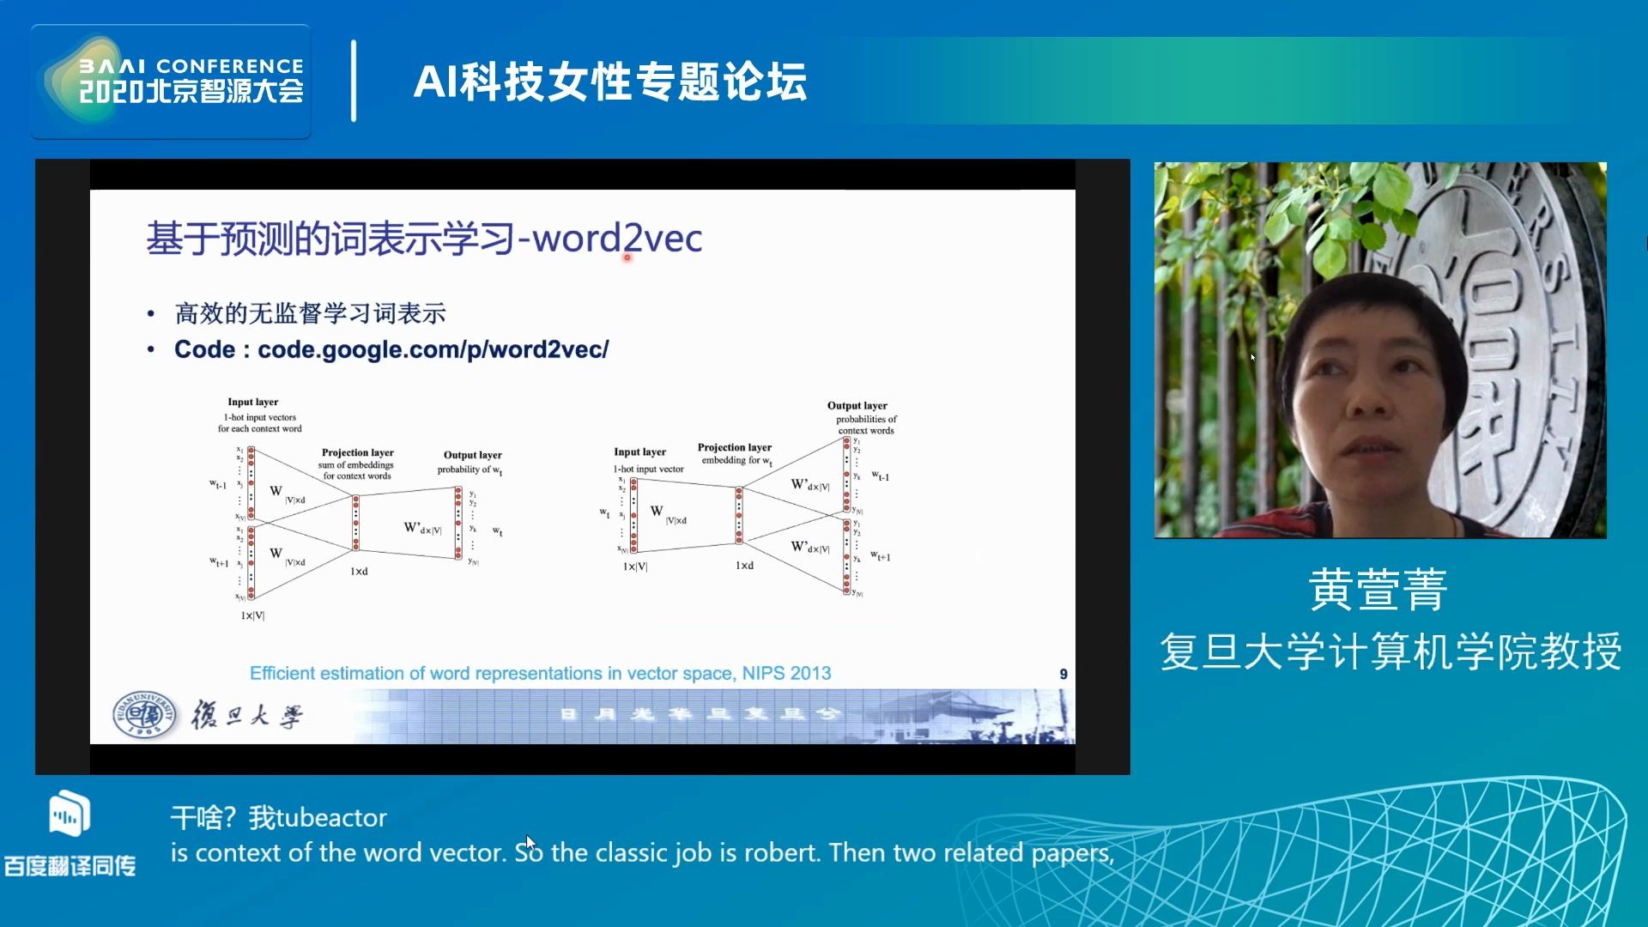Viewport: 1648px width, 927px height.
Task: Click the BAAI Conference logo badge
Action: (x=171, y=82)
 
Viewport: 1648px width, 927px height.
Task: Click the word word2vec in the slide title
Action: (x=617, y=238)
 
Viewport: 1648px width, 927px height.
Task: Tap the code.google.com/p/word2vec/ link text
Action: (x=433, y=349)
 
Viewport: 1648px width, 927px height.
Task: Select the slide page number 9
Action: (x=1063, y=675)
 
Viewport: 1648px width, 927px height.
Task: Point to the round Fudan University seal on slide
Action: (x=144, y=714)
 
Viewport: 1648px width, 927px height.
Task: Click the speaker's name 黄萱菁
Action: (x=1378, y=590)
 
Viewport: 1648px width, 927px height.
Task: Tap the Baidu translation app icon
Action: (x=69, y=814)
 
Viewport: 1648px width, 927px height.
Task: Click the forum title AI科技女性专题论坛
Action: (x=609, y=82)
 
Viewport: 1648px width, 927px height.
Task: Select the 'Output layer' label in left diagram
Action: (x=472, y=455)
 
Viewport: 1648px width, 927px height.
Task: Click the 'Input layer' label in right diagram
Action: (x=639, y=451)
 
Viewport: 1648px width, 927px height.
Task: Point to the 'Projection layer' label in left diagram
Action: (x=357, y=452)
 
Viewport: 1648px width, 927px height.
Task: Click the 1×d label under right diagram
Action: (x=744, y=566)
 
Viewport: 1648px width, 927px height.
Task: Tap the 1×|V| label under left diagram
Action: (x=252, y=615)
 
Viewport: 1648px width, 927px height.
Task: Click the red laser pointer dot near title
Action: (x=627, y=257)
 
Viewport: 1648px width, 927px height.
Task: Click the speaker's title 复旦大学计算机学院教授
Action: (x=1390, y=651)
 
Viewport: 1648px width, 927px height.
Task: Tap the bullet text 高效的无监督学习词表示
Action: (x=310, y=313)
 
